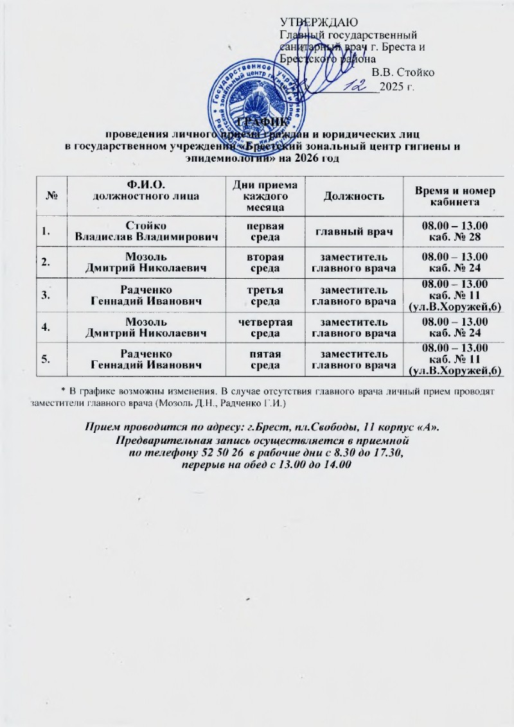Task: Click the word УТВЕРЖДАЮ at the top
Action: tap(313, 24)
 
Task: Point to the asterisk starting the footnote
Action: tap(63, 390)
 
